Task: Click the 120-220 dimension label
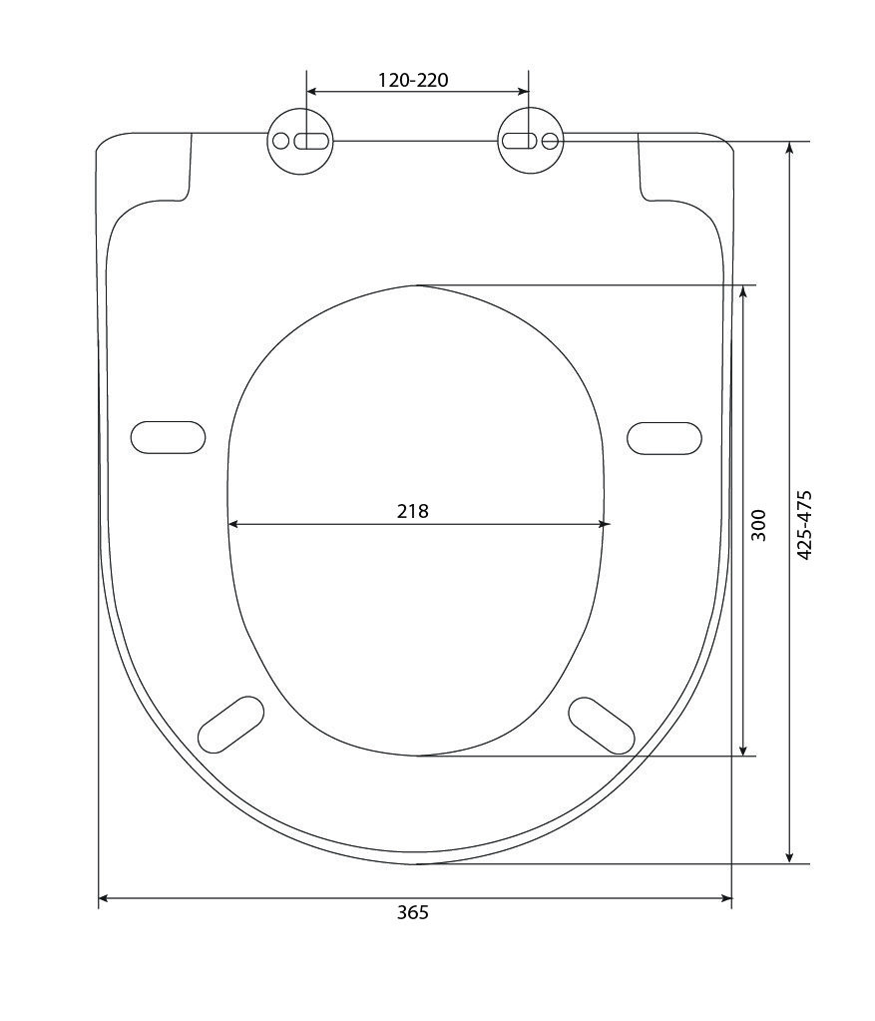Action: click(413, 80)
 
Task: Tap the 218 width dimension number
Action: click(413, 511)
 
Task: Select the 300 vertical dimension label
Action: click(758, 525)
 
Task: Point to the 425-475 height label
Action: click(805, 525)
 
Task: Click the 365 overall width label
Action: click(413, 913)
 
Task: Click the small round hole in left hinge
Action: click(281, 141)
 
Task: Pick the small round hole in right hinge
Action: click(550, 141)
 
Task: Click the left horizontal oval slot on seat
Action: click(168, 437)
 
